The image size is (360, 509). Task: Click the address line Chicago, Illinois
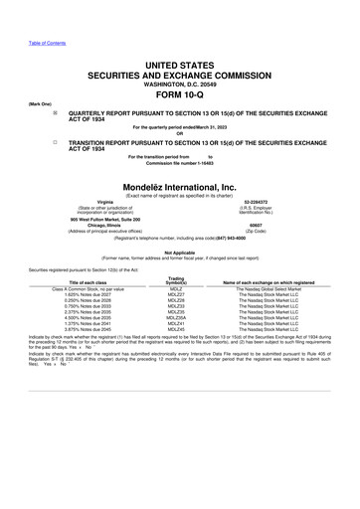click(x=90, y=225)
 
